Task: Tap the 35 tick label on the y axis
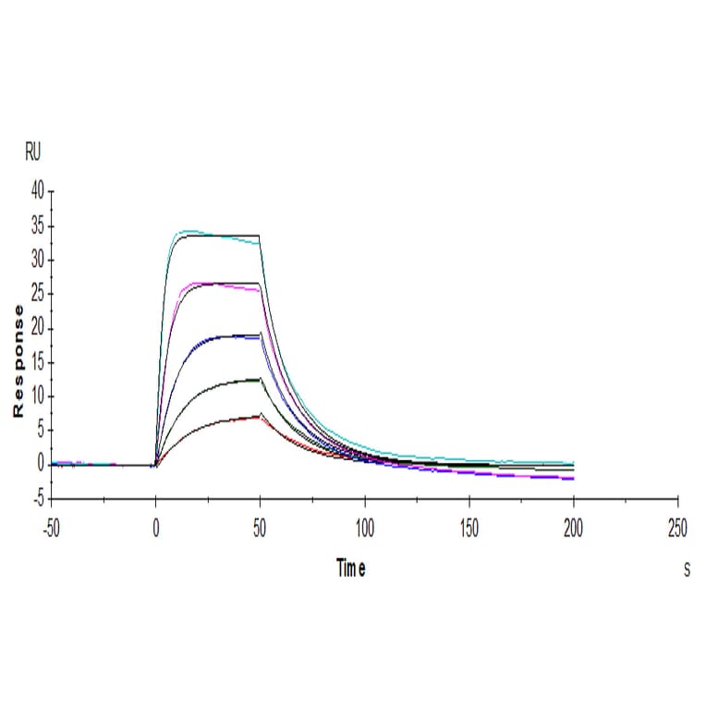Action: (x=37, y=226)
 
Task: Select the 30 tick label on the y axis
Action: (x=37, y=261)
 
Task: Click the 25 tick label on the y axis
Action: (x=37, y=295)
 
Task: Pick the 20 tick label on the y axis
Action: (x=37, y=329)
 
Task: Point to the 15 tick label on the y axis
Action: (x=37, y=363)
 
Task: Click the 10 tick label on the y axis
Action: (x=37, y=397)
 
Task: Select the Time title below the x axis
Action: (x=350, y=569)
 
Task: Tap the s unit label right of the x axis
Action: (x=687, y=570)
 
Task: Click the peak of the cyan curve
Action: (x=189, y=230)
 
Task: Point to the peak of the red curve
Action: (x=257, y=417)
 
